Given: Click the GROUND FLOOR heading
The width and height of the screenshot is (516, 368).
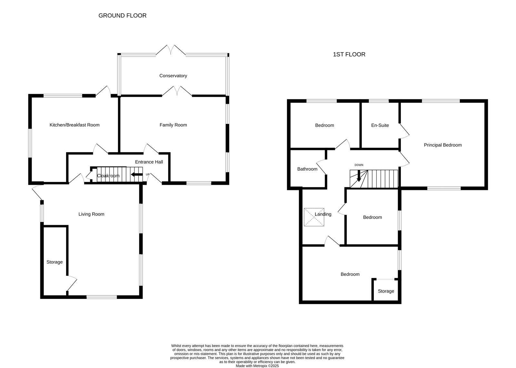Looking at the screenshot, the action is tap(122, 15).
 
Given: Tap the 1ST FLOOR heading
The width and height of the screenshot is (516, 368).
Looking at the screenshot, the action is tap(349, 55).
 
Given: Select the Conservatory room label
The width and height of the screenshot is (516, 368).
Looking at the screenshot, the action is tap(173, 75).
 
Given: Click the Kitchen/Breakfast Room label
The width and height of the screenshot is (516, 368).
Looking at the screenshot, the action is tap(74, 125).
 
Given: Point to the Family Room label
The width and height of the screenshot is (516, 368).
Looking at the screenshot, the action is tap(173, 125).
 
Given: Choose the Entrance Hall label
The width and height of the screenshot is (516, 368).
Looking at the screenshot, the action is tap(149, 162).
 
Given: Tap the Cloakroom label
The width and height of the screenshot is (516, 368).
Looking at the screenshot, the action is tap(108, 176).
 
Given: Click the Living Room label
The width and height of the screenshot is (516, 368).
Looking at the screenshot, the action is tap(91, 214).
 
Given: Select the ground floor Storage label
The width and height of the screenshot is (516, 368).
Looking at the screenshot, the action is tap(55, 262).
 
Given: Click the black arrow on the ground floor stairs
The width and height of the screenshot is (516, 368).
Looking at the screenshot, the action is tap(137, 174).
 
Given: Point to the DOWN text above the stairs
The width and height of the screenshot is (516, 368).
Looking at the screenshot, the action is tap(359, 165).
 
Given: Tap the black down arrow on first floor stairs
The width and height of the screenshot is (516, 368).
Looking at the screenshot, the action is tap(359, 176).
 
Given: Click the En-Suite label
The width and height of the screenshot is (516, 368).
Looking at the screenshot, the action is tap(380, 125).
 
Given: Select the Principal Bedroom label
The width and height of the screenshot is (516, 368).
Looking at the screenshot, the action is tap(443, 145).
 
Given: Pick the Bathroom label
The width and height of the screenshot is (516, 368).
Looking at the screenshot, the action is tap(307, 169).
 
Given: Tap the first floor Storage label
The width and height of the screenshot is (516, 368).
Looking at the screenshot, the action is tap(386, 291).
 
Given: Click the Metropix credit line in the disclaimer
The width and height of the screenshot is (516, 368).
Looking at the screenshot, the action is tap(257, 366).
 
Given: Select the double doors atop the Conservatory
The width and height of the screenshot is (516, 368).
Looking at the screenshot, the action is tap(171, 50).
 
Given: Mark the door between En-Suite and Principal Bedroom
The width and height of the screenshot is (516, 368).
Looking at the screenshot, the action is tap(404, 131).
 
